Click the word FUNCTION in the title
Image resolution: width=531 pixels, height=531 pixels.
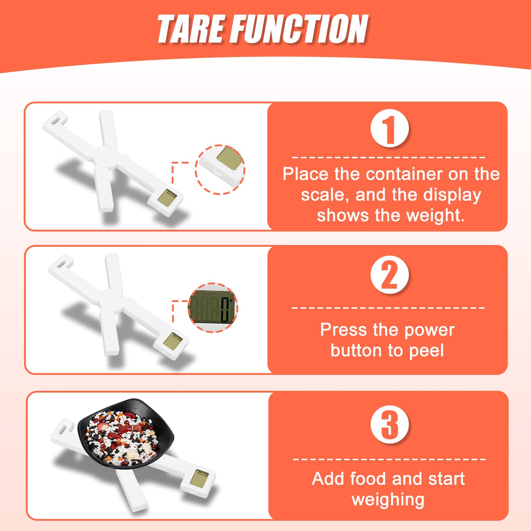pos(300,29)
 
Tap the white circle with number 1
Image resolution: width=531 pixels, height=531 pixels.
pos(389,129)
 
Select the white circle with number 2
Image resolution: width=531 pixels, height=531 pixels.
pos(389,275)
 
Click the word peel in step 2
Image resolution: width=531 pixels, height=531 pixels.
pos(426,351)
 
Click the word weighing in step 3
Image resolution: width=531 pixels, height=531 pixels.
pos(388,500)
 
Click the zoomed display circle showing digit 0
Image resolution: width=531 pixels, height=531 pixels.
pos(213,307)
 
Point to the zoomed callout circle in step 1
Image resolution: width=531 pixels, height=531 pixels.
pos(220,170)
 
